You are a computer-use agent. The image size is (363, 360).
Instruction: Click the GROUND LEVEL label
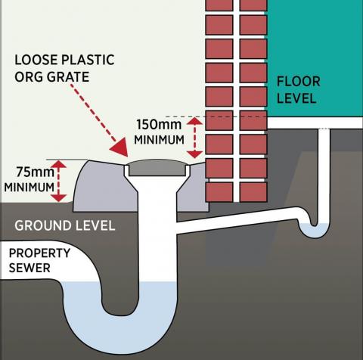pyautogui.click(x=65, y=225)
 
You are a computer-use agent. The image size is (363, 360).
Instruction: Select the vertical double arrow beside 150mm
pyautogui.click(x=198, y=135)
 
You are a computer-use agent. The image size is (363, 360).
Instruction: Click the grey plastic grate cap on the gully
pyautogui.click(x=158, y=164)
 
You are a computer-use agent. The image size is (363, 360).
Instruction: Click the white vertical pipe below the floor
pyautogui.click(x=323, y=166)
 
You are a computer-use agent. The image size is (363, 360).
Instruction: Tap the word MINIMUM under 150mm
pyautogui.click(x=159, y=141)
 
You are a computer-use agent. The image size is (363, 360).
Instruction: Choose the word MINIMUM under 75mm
pyautogui.click(x=28, y=187)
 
